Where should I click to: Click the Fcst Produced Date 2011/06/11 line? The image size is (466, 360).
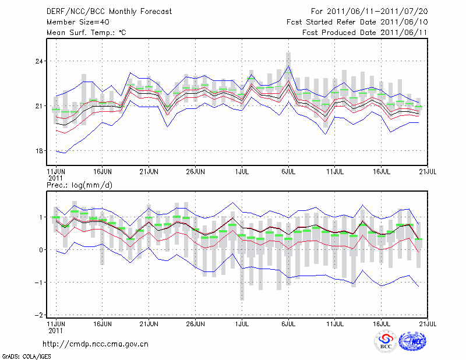[365, 33]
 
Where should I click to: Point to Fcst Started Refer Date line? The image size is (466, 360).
[358, 22]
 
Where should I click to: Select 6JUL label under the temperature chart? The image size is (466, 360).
[288, 172]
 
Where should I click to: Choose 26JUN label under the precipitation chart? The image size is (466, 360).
[195, 322]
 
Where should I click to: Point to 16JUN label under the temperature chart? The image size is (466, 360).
[103, 172]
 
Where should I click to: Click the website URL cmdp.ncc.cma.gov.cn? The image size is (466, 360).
[96, 344]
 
